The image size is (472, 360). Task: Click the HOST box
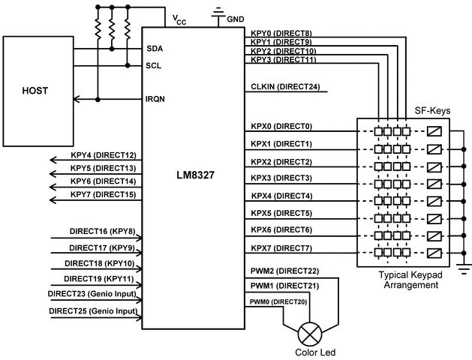[x=36, y=90]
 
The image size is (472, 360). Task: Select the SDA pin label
[x=155, y=48]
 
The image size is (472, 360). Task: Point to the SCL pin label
[x=155, y=65]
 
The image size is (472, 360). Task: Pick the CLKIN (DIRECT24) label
[x=285, y=87]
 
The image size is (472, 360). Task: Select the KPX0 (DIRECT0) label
[x=281, y=126]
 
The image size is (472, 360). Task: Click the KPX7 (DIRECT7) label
[x=281, y=247]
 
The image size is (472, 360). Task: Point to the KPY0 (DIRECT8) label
[x=281, y=33]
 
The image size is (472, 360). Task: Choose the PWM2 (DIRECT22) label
[x=285, y=270]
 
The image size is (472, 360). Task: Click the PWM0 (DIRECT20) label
[x=279, y=301]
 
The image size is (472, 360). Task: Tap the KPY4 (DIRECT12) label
[x=103, y=154]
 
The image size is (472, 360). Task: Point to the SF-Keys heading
[x=432, y=110]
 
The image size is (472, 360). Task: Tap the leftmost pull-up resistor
[x=97, y=29]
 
